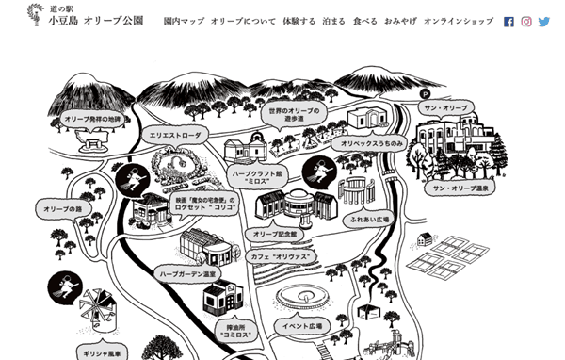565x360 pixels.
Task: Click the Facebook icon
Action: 509,21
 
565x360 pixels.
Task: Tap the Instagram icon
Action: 526,21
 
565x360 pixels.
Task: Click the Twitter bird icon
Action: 544,21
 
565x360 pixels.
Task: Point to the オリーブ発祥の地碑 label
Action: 93,120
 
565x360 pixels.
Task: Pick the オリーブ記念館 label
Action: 275,233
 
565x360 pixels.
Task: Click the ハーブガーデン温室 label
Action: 188,273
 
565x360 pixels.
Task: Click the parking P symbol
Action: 425,93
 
